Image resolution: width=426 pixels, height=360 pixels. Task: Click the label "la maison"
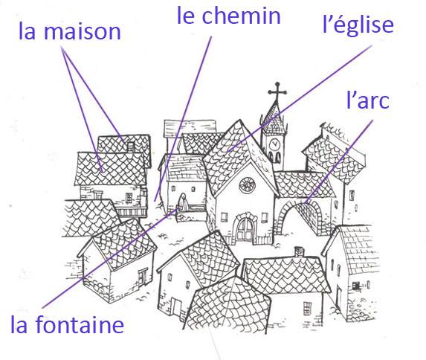(70, 31)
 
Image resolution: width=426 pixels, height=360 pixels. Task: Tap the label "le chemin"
(228, 16)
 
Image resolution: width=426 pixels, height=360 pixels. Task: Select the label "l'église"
(358, 25)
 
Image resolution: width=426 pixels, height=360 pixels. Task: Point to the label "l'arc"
(368, 100)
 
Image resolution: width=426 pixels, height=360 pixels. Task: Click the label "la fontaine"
(67, 324)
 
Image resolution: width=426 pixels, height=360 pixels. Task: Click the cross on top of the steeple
(277, 91)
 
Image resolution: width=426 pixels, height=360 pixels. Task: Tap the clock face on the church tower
(274, 144)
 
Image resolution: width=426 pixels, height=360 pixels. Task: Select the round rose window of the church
(247, 185)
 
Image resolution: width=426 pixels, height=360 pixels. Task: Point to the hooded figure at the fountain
(184, 202)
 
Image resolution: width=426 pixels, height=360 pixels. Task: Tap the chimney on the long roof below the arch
(299, 252)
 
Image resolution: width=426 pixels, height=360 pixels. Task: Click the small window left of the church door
(224, 217)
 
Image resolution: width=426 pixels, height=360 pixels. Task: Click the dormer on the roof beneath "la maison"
(131, 147)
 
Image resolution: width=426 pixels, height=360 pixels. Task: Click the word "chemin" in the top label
(242, 16)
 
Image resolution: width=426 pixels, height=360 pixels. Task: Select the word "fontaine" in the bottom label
(80, 324)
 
